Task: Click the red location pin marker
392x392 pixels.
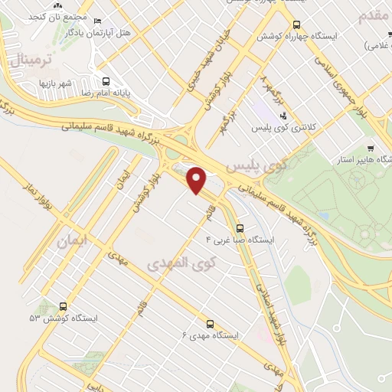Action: click(197, 181)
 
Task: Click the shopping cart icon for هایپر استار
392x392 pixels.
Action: click(371, 149)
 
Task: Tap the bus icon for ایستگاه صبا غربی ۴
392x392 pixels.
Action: click(240, 227)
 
